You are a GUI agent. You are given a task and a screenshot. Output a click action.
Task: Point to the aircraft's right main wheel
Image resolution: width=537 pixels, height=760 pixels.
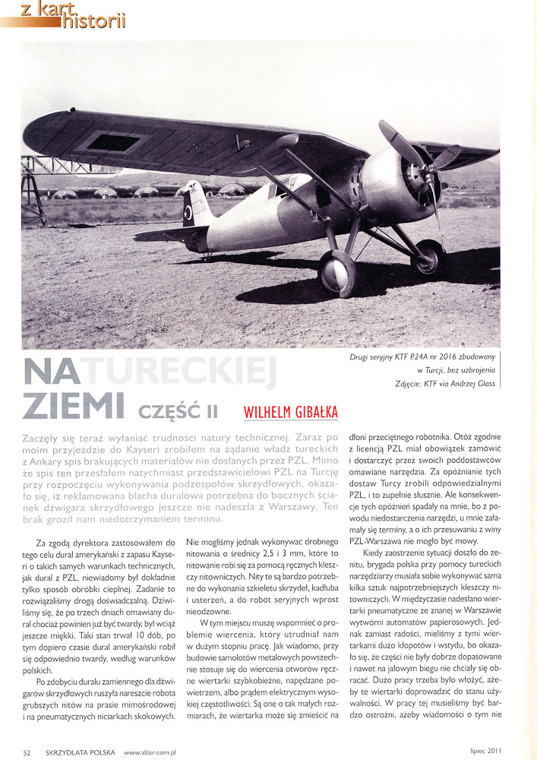click(x=429, y=257)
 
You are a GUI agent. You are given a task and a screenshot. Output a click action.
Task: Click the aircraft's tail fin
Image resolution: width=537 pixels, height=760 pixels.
click(x=196, y=204)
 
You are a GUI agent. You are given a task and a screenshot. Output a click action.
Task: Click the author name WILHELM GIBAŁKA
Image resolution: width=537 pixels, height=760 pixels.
click(x=290, y=413)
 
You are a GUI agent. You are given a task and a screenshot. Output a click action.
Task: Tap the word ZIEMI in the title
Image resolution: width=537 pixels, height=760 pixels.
click(x=73, y=406)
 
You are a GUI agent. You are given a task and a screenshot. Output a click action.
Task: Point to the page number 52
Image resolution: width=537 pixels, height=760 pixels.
click(x=27, y=752)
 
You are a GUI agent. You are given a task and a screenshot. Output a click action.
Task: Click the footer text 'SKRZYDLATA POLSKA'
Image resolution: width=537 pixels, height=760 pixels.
click(x=79, y=752)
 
